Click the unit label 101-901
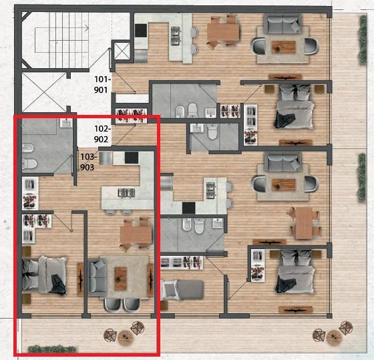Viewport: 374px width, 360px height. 103,84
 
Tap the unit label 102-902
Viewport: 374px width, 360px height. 103,134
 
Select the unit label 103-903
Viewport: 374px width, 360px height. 89,162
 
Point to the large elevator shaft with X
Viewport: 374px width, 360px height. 44,92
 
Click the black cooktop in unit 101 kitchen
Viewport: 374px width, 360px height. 141,30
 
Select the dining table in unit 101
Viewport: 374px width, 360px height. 223,32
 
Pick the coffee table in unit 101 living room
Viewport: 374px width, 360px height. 284,47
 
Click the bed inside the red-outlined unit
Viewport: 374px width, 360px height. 44,275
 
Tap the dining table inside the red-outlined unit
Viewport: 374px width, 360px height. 136,234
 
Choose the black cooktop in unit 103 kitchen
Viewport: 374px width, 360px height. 132,158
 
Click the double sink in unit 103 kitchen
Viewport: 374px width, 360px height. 126,192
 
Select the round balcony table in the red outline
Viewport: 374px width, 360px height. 126,337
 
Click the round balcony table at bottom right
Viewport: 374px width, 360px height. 334,337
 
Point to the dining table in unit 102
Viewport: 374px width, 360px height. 304,222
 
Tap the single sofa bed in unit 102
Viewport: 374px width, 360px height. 182,291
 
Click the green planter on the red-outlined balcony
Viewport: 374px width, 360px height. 52,349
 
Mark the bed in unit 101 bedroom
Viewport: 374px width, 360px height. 295,107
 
